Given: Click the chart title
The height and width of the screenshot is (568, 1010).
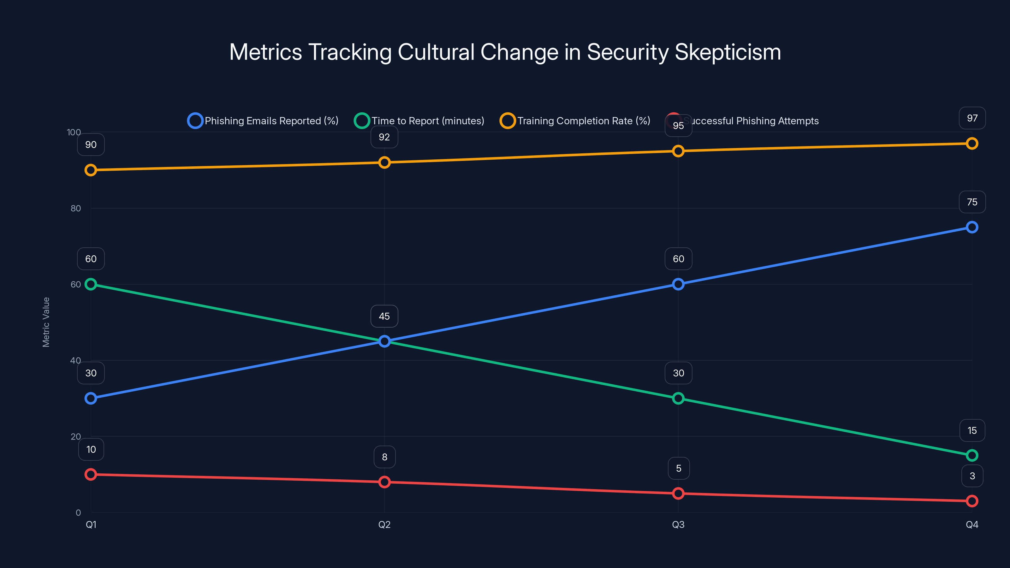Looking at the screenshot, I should pos(505,52).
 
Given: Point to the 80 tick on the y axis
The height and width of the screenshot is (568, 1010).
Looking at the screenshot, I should pos(76,208).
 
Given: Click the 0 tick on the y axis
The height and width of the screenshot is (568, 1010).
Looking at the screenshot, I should pos(78,513).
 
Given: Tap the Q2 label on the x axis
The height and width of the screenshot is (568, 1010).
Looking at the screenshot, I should pos(384,524).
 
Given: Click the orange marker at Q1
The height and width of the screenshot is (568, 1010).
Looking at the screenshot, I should pos(91,170).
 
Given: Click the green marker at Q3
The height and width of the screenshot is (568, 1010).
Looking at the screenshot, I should pos(678,398).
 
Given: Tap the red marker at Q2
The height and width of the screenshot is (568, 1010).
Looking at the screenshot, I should pos(384,482).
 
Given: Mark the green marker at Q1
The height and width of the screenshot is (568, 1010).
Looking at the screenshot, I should pos(91,284).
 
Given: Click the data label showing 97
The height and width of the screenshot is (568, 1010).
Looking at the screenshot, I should pos(972,118).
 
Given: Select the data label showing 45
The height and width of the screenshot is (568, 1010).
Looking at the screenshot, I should pos(384,316).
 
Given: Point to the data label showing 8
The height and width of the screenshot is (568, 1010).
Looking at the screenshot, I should pos(384,457).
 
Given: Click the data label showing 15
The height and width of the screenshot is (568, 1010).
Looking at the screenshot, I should pos(972,430).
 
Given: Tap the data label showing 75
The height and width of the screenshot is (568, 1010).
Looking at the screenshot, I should pos(972,202).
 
